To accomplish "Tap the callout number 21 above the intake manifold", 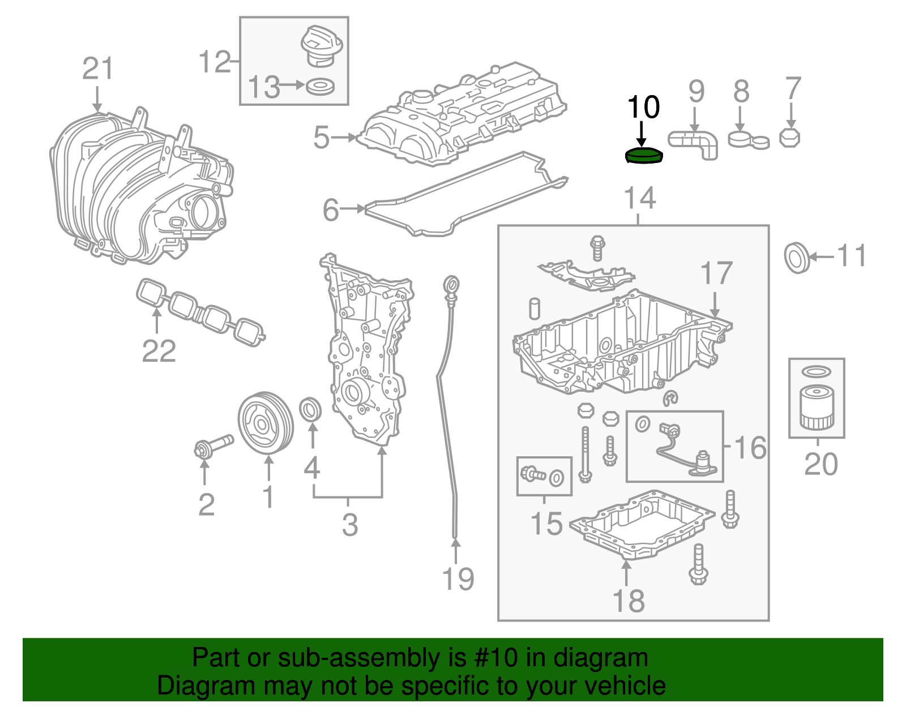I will point(98,69).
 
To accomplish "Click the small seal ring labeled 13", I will point(320,87).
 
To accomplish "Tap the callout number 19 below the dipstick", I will point(458,579).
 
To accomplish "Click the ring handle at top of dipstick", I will point(451,284).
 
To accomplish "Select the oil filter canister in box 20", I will point(816,408).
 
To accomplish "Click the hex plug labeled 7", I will point(789,138).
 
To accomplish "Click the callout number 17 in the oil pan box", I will point(716,274).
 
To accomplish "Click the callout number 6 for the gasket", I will point(331,210).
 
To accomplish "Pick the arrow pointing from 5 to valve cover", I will point(344,137).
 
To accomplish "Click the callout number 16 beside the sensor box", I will point(750,448).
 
